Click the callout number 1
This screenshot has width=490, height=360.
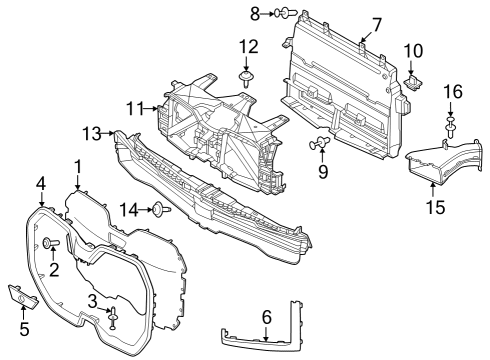click(77, 165)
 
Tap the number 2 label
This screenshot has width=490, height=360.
click(54, 268)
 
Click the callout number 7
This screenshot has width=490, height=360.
click(377, 22)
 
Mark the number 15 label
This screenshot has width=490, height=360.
click(434, 207)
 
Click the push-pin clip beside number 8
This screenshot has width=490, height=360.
click(286, 14)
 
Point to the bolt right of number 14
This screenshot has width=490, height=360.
click(159, 209)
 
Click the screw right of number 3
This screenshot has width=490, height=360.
click(113, 317)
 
